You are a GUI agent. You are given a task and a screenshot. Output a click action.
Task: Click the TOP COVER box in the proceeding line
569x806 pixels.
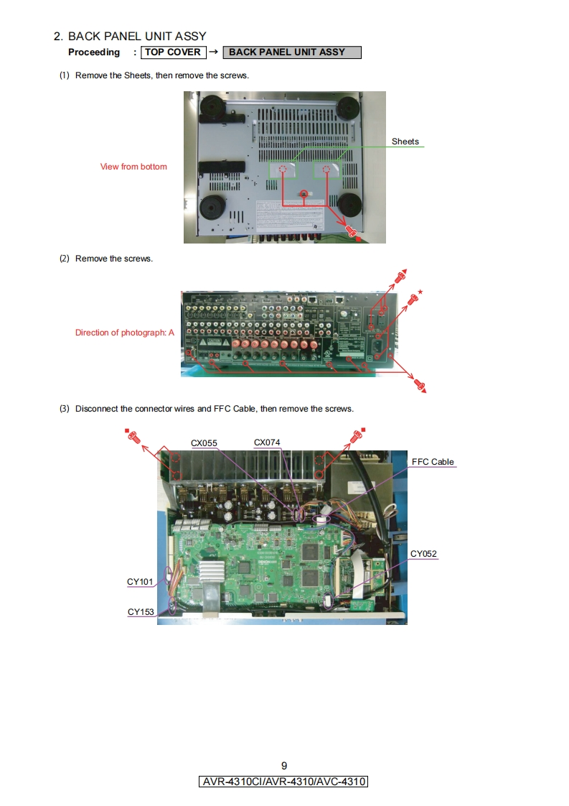(174, 52)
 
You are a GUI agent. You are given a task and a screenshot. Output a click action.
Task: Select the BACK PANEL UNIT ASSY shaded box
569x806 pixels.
(291, 52)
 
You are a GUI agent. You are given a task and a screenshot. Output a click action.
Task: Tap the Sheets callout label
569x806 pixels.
(405, 142)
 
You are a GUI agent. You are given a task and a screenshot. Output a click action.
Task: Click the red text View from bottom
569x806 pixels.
(133, 167)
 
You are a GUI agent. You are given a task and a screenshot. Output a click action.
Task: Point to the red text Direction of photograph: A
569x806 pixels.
(125, 333)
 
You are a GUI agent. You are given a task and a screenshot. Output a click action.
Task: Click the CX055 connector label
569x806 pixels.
(204, 443)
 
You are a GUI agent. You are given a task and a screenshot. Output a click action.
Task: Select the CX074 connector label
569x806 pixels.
(267, 443)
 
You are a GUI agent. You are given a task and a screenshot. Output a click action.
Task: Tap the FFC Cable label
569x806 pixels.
(433, 462)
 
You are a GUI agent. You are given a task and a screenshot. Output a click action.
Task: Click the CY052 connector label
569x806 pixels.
(423, 554)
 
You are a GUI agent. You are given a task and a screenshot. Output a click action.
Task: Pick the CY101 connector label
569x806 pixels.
(141, 582)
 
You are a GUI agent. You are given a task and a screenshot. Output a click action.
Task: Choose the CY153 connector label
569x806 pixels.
(141, 612)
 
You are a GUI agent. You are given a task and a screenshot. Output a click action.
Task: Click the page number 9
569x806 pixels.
(284, 765)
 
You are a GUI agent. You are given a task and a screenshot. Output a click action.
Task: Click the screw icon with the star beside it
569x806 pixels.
(413, 299)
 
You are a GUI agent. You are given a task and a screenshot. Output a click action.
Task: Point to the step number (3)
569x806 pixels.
(65, 409)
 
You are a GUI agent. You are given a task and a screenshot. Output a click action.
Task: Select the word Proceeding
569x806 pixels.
(94, 52)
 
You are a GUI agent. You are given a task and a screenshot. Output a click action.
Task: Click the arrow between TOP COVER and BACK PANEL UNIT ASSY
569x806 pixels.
(213, 52)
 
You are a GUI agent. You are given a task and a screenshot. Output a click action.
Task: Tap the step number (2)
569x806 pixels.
(65, 259)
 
